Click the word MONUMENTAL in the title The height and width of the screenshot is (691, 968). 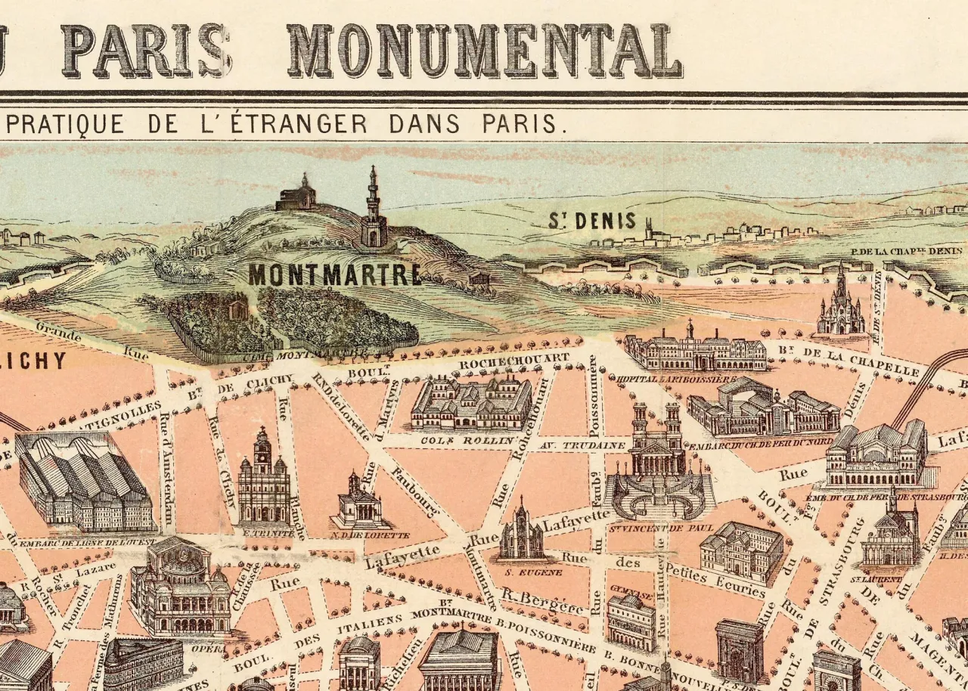coord(484,51)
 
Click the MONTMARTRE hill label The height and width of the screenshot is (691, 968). coord(334,275)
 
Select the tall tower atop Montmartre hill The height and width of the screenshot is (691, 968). coord(373,210)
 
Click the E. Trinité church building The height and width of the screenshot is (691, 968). coord(263,481)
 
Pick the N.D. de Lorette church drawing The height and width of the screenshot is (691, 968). coord(358,502)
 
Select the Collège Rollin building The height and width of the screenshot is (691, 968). coord(472,404)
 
